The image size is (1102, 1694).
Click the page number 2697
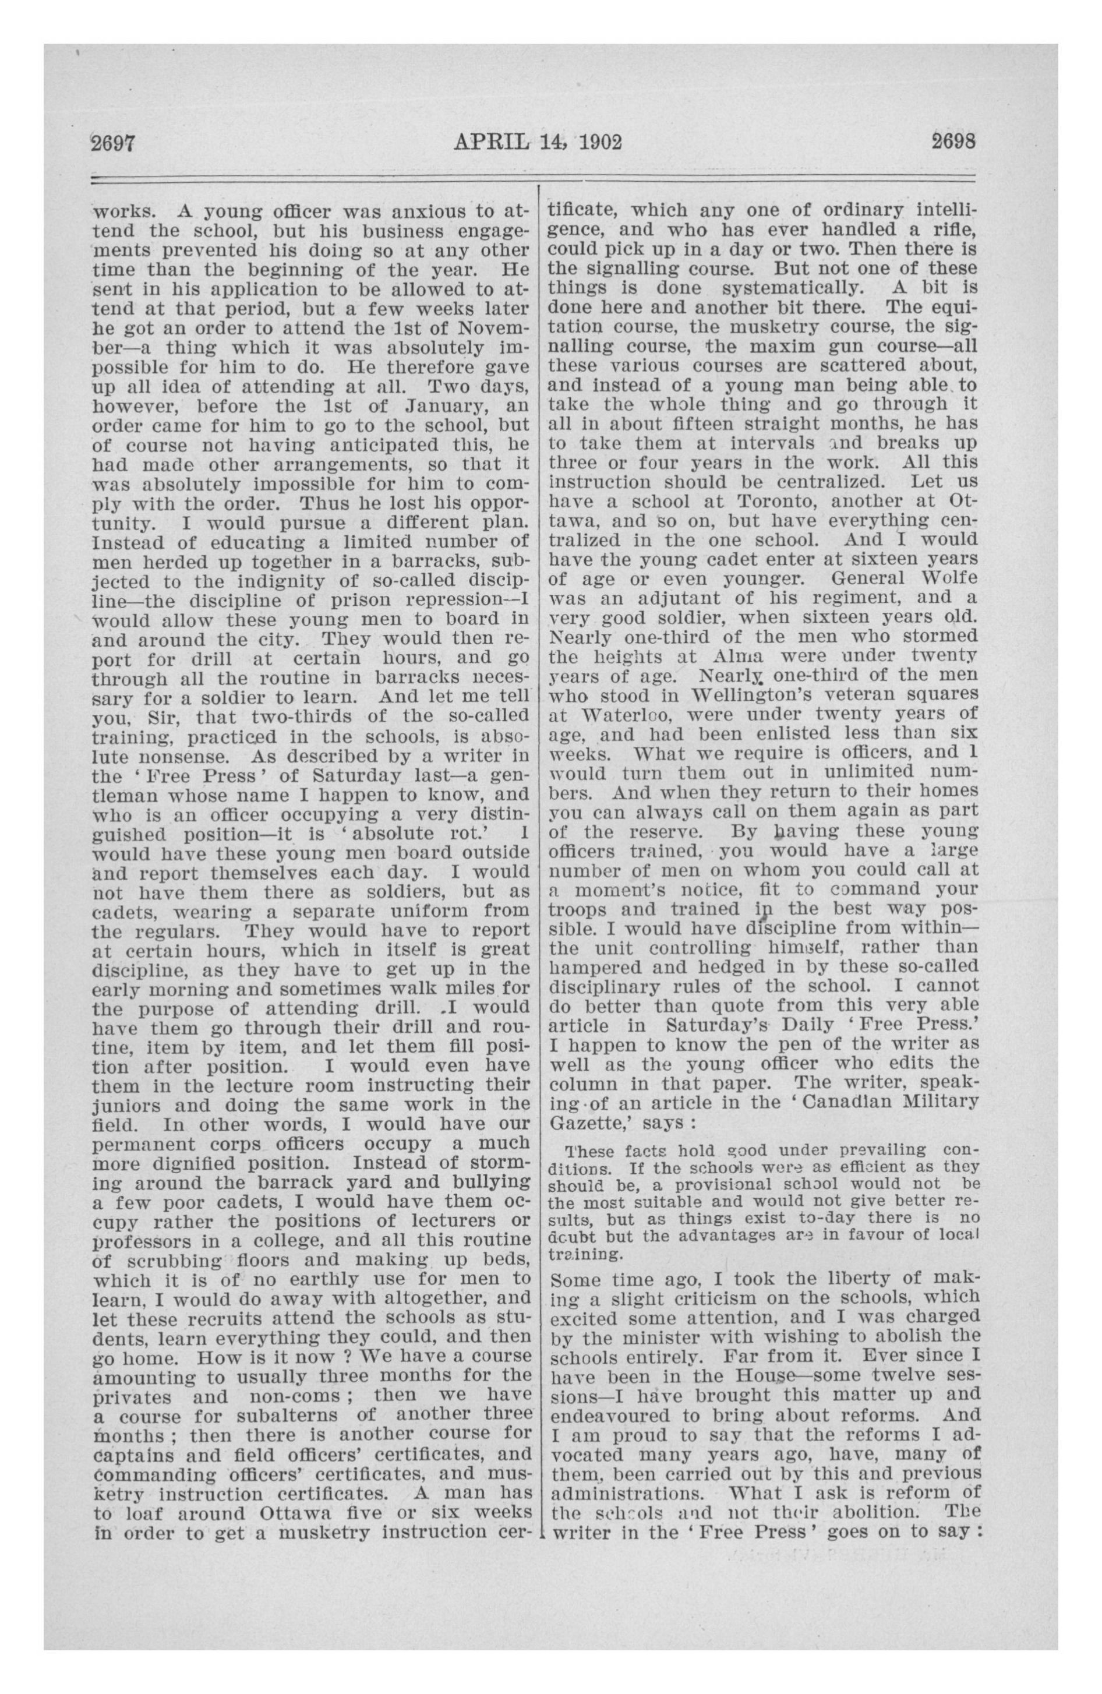pyautogui.click(x=112, y=142)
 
